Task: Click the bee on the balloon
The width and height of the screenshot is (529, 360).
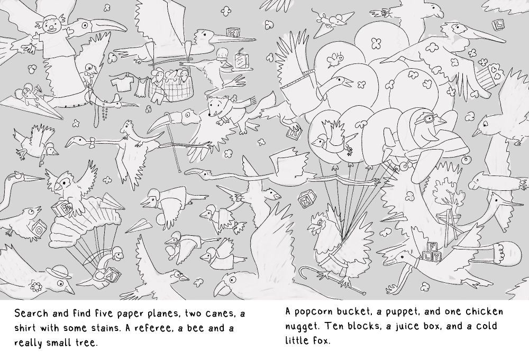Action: tap(335, 59)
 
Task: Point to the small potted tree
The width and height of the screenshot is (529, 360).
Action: tap(446, 197)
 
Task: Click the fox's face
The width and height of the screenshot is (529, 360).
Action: tap(215, 106)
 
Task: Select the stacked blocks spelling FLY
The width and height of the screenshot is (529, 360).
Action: tap(431, 252)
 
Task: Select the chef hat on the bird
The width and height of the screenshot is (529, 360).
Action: tap(223, 53)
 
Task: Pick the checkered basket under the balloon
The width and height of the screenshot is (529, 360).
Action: tap(162, 88)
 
